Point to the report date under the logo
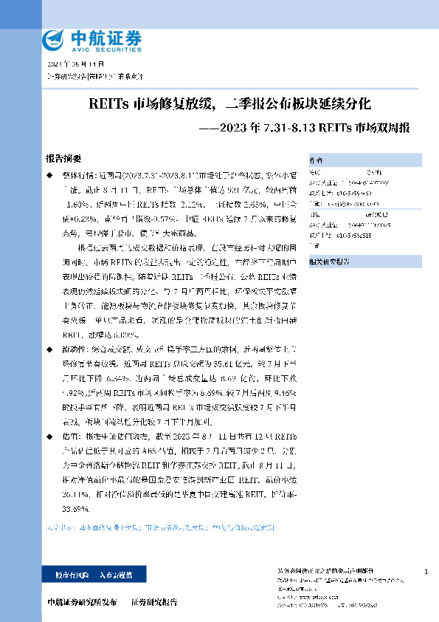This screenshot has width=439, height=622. point(66,65)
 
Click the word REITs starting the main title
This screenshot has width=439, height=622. point(106,103)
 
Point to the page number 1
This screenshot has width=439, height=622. point(426,572)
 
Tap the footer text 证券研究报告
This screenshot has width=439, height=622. point(154,602)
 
